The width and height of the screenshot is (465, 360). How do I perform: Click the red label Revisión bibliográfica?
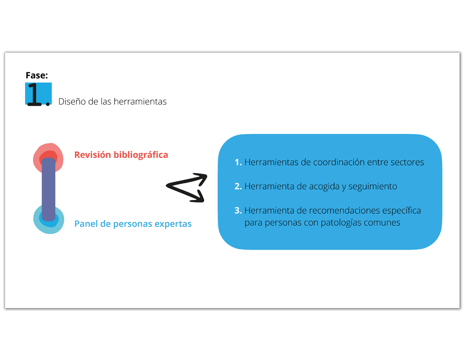point(121,155)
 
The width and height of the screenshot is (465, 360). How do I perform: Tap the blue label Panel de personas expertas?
point(133,224)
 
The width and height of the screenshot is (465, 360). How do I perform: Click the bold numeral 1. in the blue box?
point(238,162)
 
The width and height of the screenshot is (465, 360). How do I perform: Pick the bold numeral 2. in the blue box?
point(238,187)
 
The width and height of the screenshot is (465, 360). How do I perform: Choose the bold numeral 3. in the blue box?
point(238,211)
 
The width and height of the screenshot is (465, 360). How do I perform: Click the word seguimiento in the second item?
point(373,187)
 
